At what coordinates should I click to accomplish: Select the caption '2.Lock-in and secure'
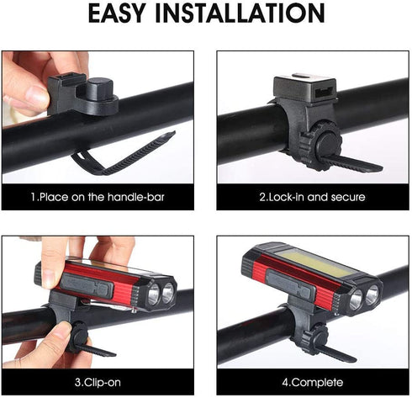[x=312, y=197]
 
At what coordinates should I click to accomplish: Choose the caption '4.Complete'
[x=313, y=381]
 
